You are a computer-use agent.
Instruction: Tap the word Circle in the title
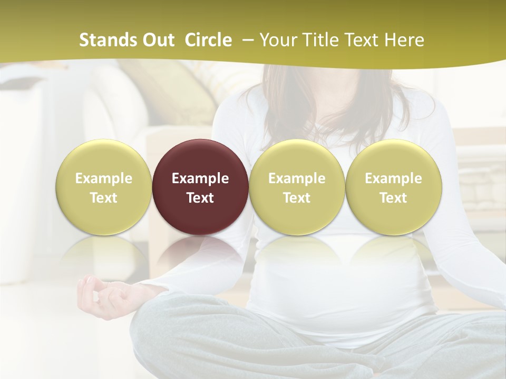(x=208, y=40)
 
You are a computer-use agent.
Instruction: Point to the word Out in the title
(x=158, y=40)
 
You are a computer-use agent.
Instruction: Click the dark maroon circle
(x=200, y=186)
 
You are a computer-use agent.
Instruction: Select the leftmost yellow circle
(x=103, y=186)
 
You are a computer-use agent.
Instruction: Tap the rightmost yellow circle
(x=393, y=186)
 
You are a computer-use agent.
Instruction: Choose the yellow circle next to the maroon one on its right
(x=297, y=186)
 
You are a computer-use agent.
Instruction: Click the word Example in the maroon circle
(x=200, y=178)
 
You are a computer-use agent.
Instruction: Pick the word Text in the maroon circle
(x=200, y=198)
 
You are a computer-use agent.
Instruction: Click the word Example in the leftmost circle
(x=103, y=178)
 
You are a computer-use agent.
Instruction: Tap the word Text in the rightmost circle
(x=393, y=198)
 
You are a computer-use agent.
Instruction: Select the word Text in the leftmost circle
(x=103, y=198)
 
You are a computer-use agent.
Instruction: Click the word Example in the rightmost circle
(x=393, y=178)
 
